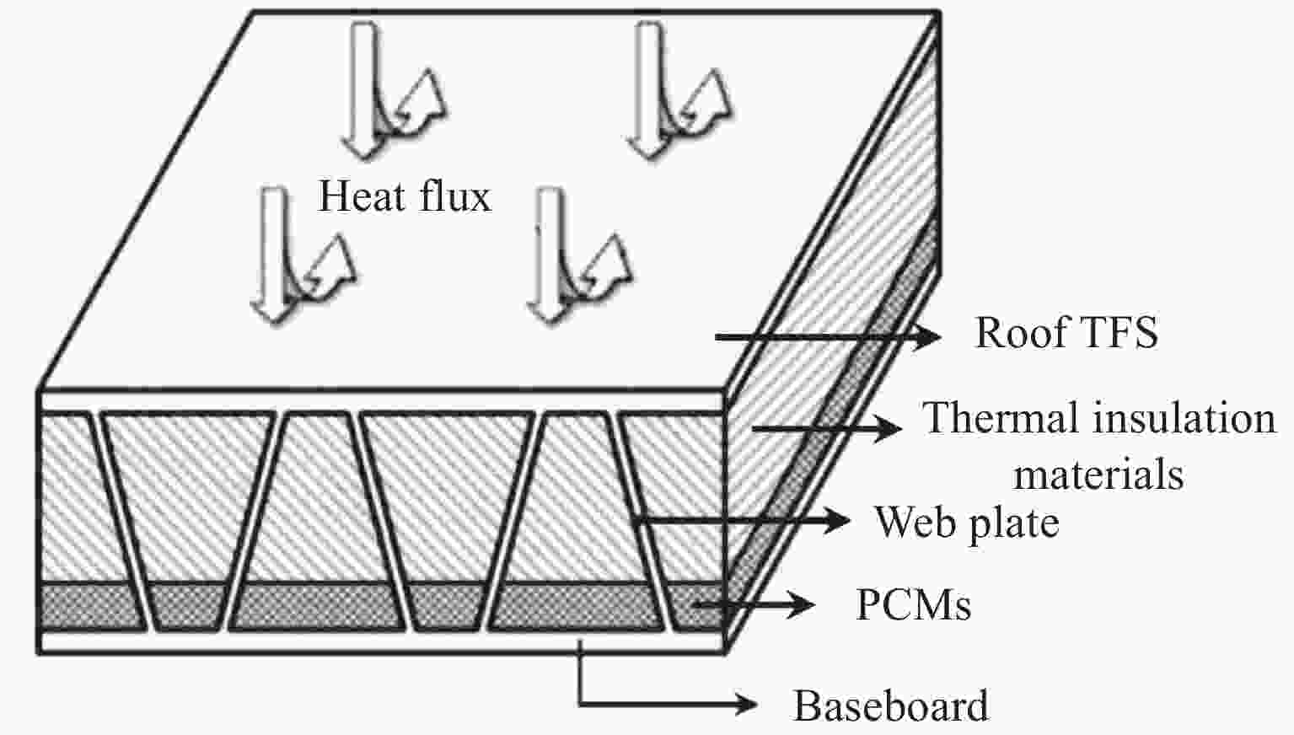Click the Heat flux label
coord(404,196)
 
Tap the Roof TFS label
coord(1066,332)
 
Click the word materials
coord(1098,474)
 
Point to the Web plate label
coord(967,522)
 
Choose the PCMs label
coord(913,604)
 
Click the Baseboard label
coord(891,705)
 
